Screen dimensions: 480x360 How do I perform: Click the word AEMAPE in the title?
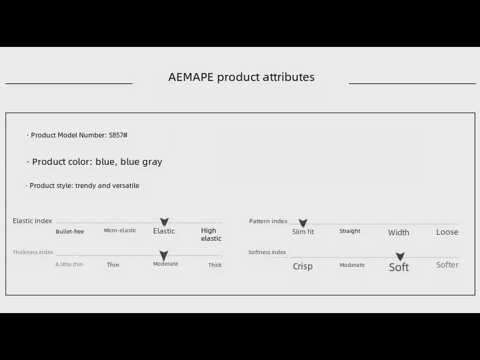pyautogui.click(x=191, y=77)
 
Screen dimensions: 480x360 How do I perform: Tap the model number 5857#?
pyautogui.click(x=118, y=135)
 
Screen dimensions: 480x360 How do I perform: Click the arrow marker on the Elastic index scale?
pyautogui.click(x=165, y=222)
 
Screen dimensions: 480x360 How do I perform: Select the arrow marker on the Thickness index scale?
pyautogui.click(x=164, y=255)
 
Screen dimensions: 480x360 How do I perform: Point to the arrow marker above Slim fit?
pyautogui.click(x=303, y=223)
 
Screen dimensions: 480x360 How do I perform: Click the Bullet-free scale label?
pyautogui.click(x=70, y=232)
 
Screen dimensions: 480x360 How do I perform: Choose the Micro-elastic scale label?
pyautogui.click(x=120, y=230)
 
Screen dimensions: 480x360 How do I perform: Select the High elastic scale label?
pyautogui.click(x=211, y=235)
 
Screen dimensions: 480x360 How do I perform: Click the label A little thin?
pyautogui.click(x=69, y=265)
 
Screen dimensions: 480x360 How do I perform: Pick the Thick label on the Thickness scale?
pyautogui.click(x=215, y=265)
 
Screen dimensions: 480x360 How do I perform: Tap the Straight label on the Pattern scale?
pyautogui.click(x=350, y=231)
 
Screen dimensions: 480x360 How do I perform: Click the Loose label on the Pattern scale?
pyautogui.click(x=447, y=232)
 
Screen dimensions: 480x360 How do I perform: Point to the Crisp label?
pyautogui.click(x=303, y=266)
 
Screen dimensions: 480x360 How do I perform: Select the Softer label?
pyautogui.click(x=447, y=265)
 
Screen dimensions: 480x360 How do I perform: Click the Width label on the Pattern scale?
pyautogui.click(x=399, y=233)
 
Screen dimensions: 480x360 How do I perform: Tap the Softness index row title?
pyautogui.click(x=267, y=252)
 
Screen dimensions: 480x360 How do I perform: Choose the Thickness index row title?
pyautogui.click(x=33, y=252)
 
